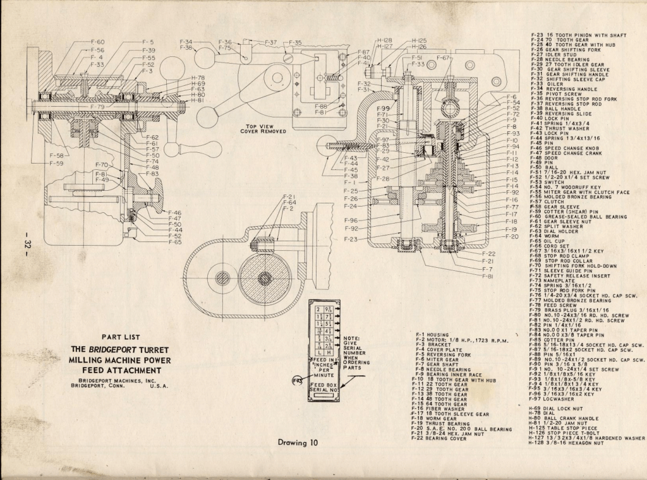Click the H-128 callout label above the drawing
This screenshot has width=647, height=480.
(x=384, y=40)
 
